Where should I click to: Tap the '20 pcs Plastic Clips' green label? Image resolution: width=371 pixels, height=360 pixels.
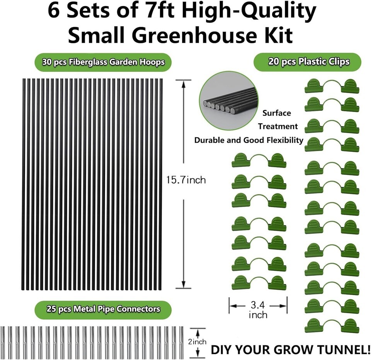(307, 62)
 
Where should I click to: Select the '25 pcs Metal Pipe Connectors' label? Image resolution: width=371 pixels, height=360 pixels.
(103, 309)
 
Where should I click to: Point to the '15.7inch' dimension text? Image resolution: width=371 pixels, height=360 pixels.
(185, 180)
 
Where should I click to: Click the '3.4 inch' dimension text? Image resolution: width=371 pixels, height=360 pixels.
(258, 310)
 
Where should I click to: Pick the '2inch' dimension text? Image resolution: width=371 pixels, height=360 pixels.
(197, 341)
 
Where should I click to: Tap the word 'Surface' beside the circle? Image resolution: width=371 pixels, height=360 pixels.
(277, 113)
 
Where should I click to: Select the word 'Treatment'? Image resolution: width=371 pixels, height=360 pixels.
(278, 126)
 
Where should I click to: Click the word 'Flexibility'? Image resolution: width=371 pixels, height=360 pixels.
(285, 140)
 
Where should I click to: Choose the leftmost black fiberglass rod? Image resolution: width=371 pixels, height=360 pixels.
(24, 185)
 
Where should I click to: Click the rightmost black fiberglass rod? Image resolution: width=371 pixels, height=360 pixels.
(162, 185)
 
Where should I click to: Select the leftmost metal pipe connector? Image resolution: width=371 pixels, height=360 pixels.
(3, 343)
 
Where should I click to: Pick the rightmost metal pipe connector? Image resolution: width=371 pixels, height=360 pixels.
(182, 343)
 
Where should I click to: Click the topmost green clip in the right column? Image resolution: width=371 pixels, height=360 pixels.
(332, 86)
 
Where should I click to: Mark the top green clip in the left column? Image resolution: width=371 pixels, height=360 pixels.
(259, 160)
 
